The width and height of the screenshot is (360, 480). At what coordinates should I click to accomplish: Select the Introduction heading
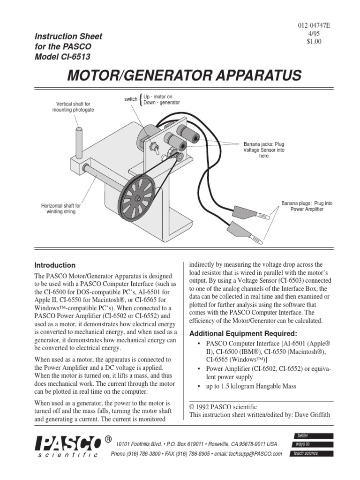pos(55,265)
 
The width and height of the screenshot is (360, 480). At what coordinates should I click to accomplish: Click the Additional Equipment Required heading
pos(243,333)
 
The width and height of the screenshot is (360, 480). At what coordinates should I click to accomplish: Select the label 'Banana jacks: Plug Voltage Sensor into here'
pos(264,150)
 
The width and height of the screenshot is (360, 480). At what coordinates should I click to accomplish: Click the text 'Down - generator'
pos(162,103)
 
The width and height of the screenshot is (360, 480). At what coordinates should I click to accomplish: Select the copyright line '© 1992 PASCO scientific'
pos(223,407)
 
